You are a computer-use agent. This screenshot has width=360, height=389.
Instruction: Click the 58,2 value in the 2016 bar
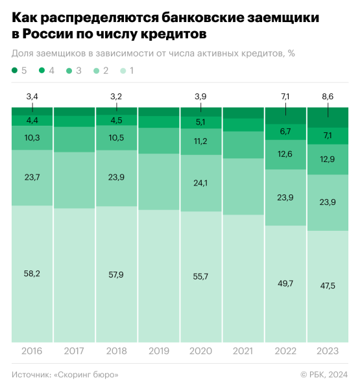click(32, 274)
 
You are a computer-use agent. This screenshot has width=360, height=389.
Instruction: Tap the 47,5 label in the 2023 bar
click(327, 287)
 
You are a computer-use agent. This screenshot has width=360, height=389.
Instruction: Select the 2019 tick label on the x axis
click(158, 351)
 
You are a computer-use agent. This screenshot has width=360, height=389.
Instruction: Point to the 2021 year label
click(243, 351)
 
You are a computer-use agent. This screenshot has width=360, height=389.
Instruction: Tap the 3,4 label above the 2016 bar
click(32, 97)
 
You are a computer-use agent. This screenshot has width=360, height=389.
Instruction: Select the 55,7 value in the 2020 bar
click(200, 276)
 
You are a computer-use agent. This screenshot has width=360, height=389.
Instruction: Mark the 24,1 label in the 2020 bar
click(200, 183)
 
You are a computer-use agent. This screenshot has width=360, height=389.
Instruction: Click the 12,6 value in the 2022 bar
click(285, 154)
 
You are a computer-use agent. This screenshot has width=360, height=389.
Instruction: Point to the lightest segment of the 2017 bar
click(74, 276)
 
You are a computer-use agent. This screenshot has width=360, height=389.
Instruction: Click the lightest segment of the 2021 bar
click(243, 279)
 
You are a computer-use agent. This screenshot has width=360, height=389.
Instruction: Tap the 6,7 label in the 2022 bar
click(285, 132)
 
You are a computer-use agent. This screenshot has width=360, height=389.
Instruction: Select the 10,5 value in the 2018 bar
click(116, 137)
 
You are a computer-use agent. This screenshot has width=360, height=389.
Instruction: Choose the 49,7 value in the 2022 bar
click(285, 283)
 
